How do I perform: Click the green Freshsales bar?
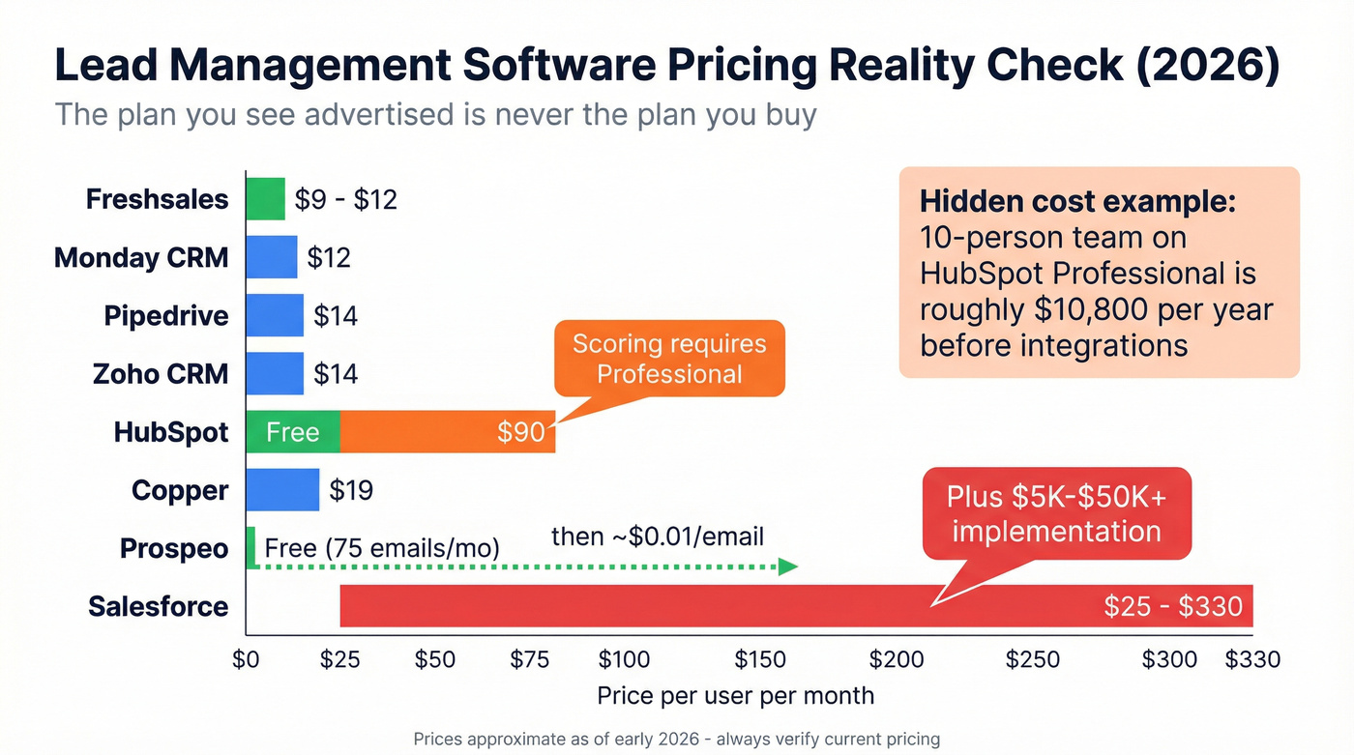click(x=265, y=199)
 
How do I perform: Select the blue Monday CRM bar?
click(x=271, y=257)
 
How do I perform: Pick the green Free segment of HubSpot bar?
click(x=292, y=432)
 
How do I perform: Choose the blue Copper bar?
click(x=281, y=490)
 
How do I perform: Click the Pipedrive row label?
click(x=166, y=316)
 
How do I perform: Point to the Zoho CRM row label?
click(x=161, y=374)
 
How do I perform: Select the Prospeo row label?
click(x=174, y=548)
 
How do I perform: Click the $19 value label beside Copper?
click(x=351, y=490)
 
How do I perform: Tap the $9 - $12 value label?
click(x=345, y=199)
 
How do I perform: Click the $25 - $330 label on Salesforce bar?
click(x=1172, y=606)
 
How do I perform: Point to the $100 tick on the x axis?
click(x=624, y=660)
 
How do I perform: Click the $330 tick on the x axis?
click(x=1252, y=660)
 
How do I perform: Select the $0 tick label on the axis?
click(x=247, y=660)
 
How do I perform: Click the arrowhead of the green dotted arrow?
click(x=788, y=566)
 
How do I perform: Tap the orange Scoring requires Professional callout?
click(x=669, y=359)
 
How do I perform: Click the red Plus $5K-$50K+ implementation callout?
click(x=1056, y=513)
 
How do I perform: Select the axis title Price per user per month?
click(x=735, y=695)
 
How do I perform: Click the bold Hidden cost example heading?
click(x=1077, y=202)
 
